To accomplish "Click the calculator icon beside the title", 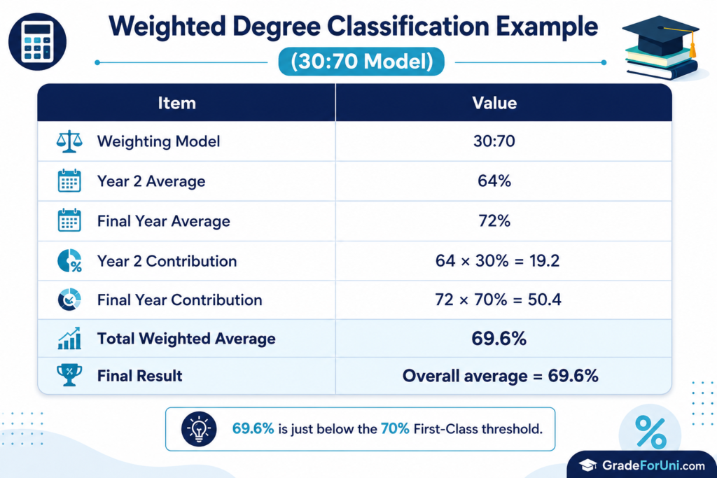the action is pos(38,41).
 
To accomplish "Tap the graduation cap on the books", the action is pos(660,35).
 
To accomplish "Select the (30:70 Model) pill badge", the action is pos(361,61).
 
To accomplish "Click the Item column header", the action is pos(177,103).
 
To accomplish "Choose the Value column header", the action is pos(494,103).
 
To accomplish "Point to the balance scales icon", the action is pos(69,141).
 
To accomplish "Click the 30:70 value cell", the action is pos(494,141).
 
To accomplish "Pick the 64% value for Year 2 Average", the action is pos(494,181).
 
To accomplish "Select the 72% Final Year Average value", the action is pos(494,220).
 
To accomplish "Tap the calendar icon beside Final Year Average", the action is pos(69,220).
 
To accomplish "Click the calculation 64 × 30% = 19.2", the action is pos(498,260).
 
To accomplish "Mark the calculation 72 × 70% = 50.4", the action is pos(498,300).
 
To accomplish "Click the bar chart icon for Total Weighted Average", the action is pos(69,339).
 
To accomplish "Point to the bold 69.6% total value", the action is pos(499,339).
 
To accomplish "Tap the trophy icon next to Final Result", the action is pos(69,375).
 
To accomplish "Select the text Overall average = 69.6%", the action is pos(500,376).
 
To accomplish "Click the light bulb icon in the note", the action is pos(199,429).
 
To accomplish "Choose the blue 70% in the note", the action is pos(395,428).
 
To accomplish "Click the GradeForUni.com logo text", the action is pos(653,465).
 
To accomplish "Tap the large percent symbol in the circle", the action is pos(650,433).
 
